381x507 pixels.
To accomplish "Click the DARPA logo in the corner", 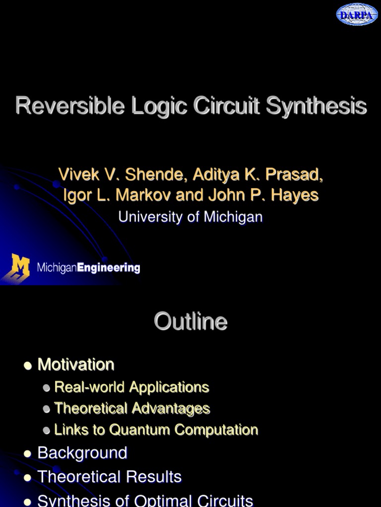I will [x=357, y=14].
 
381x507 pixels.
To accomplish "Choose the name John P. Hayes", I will [x=263, y=195].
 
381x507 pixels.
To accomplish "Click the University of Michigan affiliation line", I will [x=190, y=216].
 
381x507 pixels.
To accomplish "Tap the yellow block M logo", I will [x=20, y=268].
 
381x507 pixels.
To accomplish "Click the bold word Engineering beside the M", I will [x=109, y=268].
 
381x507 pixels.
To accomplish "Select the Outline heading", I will [x=190, y=322].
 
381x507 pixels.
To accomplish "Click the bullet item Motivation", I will [x=76, y=365].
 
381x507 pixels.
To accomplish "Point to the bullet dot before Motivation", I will [x=28, y=366].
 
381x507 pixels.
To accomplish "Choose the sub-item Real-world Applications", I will [x=131, y=387].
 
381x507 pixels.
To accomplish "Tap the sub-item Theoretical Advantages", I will [x=132, y=408].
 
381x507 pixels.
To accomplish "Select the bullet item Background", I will [x=82, y=453].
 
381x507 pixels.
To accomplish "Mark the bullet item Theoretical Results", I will [x=110, y=477].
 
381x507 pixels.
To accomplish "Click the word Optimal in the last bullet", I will [x=166, y=500].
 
